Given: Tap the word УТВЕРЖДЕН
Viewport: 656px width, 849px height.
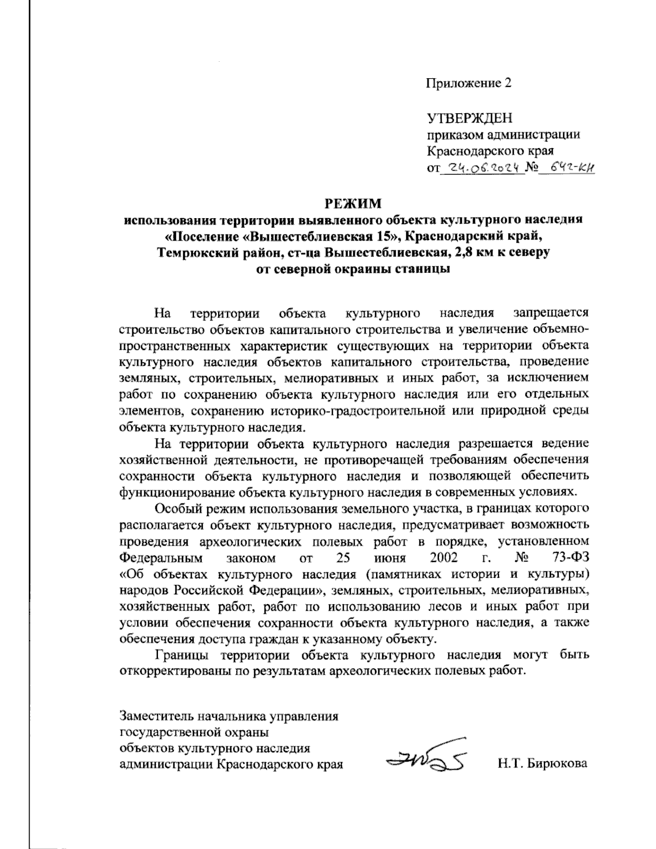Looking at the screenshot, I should pos(470,118).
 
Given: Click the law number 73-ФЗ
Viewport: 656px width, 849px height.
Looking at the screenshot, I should pos(569,558).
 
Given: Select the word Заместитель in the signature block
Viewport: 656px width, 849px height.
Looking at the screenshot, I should pos(154,715).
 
